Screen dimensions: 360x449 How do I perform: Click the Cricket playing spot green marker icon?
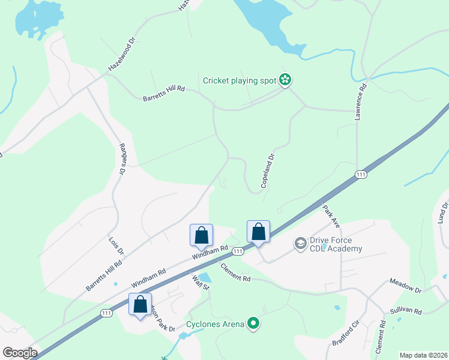point(286,80)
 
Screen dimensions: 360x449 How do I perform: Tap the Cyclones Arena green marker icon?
point(253,324)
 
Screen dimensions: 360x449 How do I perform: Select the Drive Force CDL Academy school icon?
point(300,244)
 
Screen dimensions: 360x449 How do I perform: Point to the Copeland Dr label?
point(268,171)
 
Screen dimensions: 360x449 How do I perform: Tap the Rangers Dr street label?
point(122,159)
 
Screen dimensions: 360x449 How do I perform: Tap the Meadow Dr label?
point(406,286)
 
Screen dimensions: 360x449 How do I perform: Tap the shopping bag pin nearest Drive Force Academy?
point(258,232)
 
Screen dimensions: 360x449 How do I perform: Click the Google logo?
point(19,353)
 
